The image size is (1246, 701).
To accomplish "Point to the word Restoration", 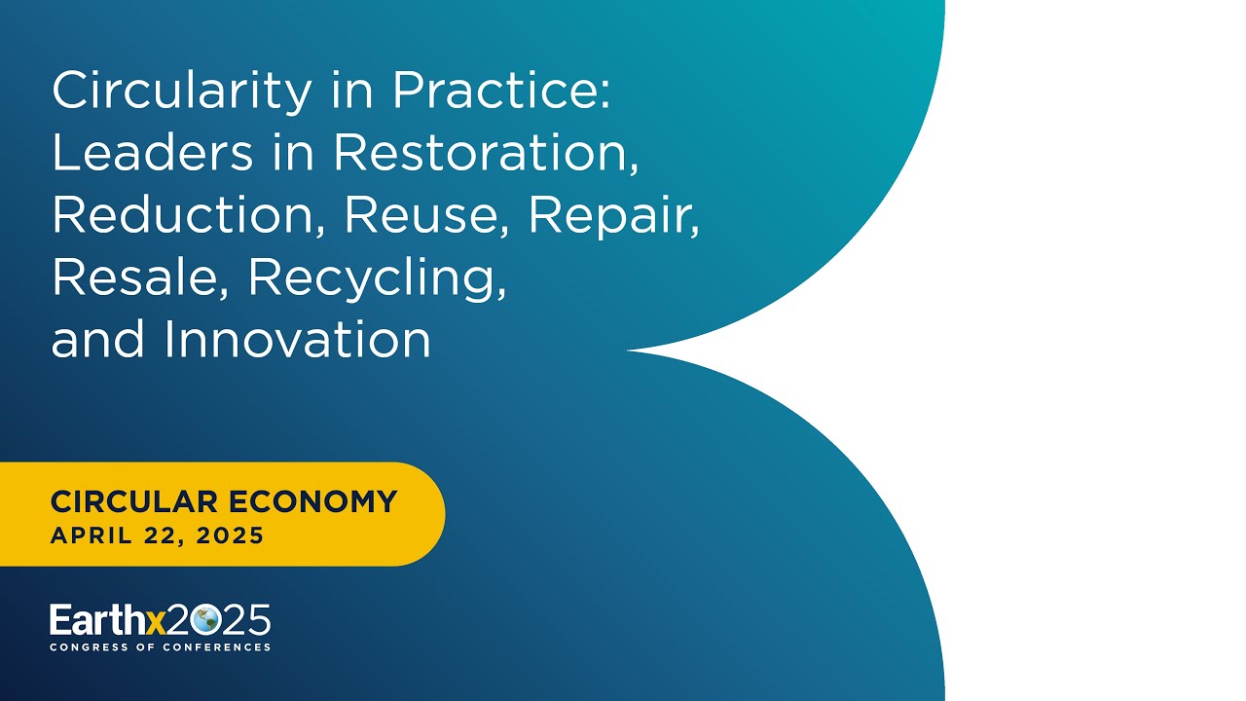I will pyautogui.click(x=487, y=155).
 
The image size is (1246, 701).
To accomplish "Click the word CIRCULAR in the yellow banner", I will pyautogui.click(x=134, y=502).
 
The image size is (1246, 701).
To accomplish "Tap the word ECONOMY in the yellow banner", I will pyautogui.click(x=312, y=502).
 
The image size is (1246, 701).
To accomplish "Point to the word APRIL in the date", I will pyautogui.click(x=85, y=536).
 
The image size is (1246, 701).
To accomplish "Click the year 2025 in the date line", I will pyautogui.click(x=229, y=536).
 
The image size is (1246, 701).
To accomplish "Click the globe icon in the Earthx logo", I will pyautogui.click(x=205, y=620).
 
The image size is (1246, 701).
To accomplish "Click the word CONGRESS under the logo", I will pyautogui.click(x=89, y=647).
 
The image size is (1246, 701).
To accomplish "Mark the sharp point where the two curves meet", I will pyautogui.click(x=629, y=350).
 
